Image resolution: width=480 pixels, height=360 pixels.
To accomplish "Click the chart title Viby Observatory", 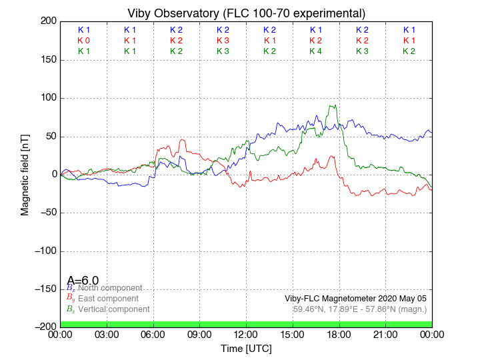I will pyautogui.click(x=246, y=13).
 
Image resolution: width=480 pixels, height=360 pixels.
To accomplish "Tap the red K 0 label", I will pyautogui.click(x=83, y=41).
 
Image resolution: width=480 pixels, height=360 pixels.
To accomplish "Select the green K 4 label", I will pyautogui.click(x=316, y=51).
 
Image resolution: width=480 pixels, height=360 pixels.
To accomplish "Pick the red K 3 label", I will pyautogui.click(x=223, y=41).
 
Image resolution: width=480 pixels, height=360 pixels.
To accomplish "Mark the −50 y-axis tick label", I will pyautogui.click(x=45, y=213).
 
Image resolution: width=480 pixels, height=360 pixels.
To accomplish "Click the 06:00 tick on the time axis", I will pyautogui.click(x=153, y=334).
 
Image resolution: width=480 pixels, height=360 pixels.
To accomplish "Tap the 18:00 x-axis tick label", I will pyautogui.click(x=339, y=334).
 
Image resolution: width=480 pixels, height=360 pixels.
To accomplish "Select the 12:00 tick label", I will pyautogui.click(x=246, y=334).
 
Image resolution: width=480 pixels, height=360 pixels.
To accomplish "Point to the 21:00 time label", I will pyautogui.click(x=385, y=334).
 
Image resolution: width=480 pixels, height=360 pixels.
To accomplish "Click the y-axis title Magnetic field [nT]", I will pyautogui.click(x=25, y=175).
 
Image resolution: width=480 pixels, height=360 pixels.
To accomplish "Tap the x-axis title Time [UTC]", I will pyautogui.click(x=246, y=348).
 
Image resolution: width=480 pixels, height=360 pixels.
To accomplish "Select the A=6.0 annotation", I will pyautogui.click(x=83, y=281).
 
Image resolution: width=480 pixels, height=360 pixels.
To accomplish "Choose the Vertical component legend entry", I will pyautogui.click(x=113, y=309).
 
